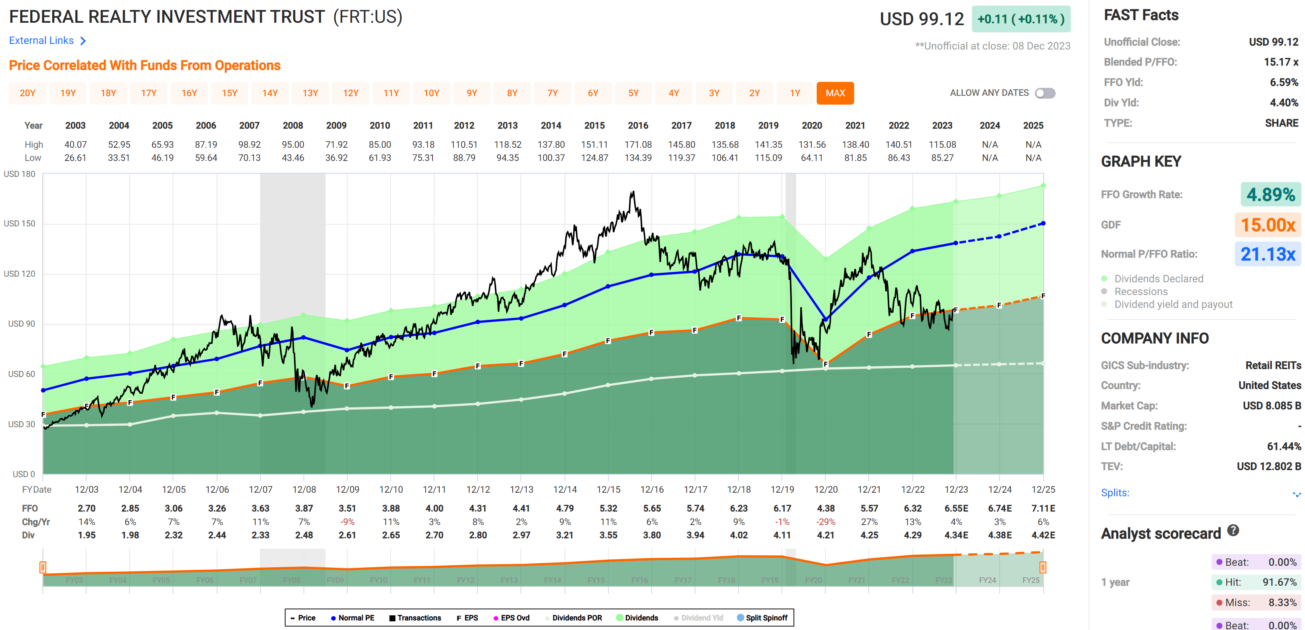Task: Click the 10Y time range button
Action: click(x=431, y=93)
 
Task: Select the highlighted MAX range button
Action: click(x=835, y=93)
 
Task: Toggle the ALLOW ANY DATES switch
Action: click(x=1045, y=93)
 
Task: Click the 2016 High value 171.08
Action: click(x=638, y=145)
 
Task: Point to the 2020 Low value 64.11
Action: click(x=811, y=158)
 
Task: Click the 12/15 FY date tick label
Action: click(x=608, y=489)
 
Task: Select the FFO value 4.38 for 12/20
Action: click(x=825, y=508)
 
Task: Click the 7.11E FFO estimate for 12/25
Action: click(x=1043, y=508)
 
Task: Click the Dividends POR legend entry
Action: click(x=576, y=618)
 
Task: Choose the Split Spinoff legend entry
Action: click(x=766, y=618)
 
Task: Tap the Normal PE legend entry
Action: click(x=355, y=618)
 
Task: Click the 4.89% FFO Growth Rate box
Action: click(x=1270, y=194)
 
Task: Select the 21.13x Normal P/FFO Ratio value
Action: click(x=1267, y=254)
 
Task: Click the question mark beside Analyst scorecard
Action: click(x=1233, y=531)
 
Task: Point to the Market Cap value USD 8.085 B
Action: click(x=1271, y=406)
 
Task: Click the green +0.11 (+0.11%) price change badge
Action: click(x=1020, y=19)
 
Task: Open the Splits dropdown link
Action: click(x=1115, y=493)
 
